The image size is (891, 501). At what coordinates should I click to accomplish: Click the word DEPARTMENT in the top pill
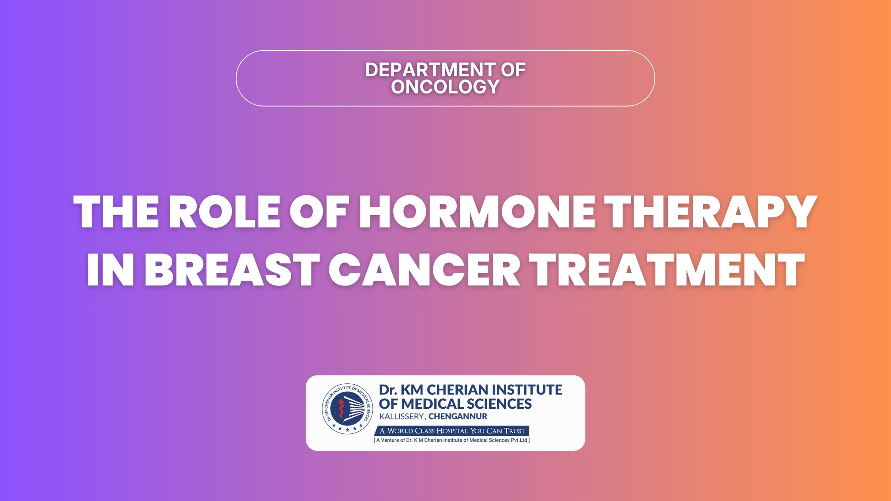(x=427, y=70)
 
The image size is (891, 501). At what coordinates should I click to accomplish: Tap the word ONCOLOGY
(x=445, y=87)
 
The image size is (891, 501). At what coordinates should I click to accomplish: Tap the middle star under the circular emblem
(x=347, y=429)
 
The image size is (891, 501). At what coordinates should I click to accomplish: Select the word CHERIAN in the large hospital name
(x=457, y=390)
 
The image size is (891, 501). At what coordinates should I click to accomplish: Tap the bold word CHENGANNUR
(x=458, y=417)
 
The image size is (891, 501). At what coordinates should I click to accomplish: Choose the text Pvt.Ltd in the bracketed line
(x=519, y=440)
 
